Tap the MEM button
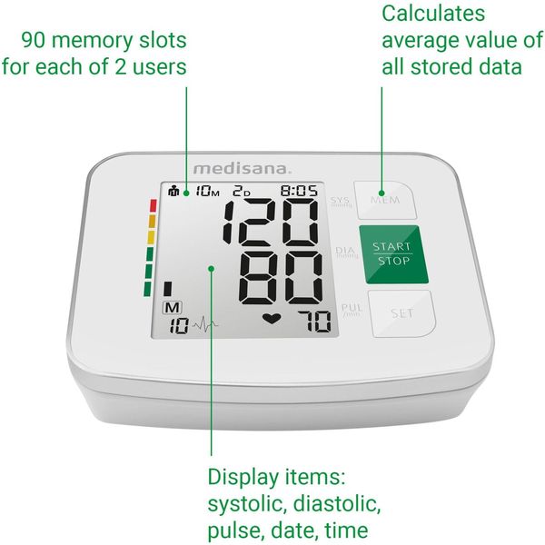(385, 200)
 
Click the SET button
(401, 313)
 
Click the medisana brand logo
(242, 169)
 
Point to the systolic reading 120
(271, 221)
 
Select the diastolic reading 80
(281, 278)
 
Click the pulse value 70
(314, 322)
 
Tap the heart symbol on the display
(272, 319)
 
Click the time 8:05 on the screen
(299, 191)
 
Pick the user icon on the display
(173, 191)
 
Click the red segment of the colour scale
(153, 205)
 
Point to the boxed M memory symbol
(173, 308)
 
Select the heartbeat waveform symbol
(205, 325)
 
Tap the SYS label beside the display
(340, 202)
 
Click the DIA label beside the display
(346, 252)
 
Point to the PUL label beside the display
(352, 310)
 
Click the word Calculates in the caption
(433, 14)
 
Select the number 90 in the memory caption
(34, 40)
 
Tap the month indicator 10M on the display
(207, 191)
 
